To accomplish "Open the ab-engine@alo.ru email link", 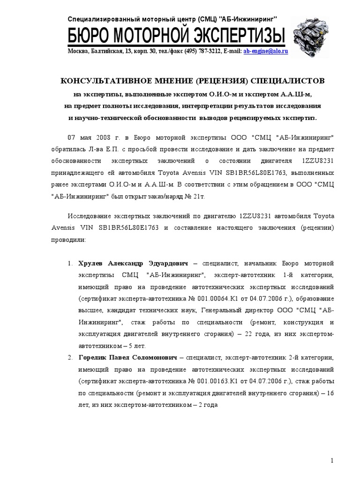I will click(x=265, y=51).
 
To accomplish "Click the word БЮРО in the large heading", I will click(x=89, y=36).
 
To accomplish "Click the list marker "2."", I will click(x=69, y=357).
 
